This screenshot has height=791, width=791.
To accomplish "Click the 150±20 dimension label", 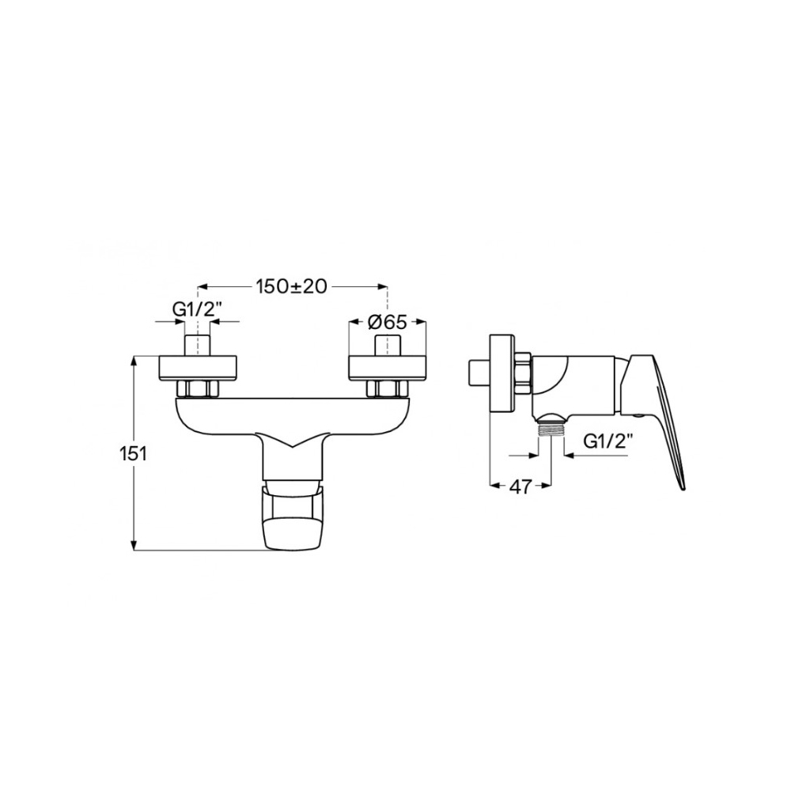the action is point(292,286).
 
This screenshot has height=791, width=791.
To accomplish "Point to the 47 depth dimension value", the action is point(520,486).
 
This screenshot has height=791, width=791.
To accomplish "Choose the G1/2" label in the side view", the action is point(607,442).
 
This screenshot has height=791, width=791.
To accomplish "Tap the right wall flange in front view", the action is point(388,369).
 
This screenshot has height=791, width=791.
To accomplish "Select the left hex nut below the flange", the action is point(197,389).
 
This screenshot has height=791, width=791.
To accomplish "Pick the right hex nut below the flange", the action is point(388,389).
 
